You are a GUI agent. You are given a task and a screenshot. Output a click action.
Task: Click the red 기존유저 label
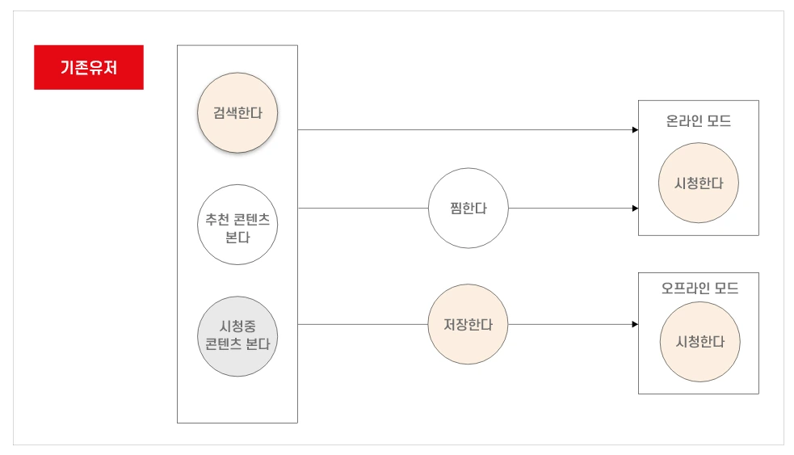89,67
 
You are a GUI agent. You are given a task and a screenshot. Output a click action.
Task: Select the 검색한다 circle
237,113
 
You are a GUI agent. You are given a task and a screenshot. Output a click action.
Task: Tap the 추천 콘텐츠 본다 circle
237,225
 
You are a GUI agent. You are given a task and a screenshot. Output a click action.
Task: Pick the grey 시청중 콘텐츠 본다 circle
237,336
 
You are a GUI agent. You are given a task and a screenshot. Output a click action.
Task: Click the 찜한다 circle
468,208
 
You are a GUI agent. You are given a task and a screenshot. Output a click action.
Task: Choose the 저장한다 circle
468,324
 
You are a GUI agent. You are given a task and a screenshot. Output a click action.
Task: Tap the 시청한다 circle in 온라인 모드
699,183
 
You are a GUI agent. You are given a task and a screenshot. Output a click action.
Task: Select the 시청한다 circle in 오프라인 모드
699,342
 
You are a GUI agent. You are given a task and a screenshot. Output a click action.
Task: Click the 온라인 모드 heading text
699,122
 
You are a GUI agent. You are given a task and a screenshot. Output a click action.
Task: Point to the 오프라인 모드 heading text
699,288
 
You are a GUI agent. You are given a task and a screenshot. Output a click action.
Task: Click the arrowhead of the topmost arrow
635,129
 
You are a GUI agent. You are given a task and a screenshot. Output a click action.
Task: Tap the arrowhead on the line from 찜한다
635,208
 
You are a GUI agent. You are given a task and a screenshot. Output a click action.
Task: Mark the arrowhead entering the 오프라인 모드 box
635,324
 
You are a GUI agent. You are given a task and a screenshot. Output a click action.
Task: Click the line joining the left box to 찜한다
363,208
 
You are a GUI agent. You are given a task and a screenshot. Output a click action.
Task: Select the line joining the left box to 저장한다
363,324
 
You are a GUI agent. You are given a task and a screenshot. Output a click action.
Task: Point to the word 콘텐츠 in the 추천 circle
252,217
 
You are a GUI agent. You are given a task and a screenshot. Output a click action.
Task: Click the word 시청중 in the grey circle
237,327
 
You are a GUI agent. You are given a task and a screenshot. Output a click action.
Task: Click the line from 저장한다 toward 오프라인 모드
569,324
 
